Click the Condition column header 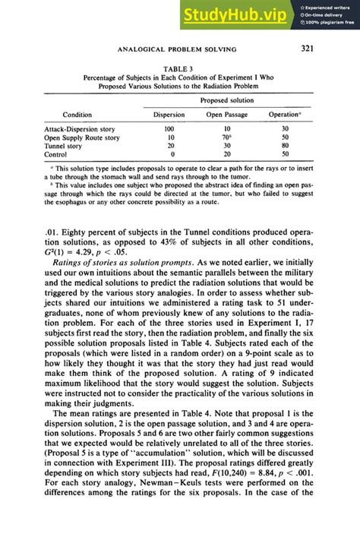pyautogui.click(x=77, y=115)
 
